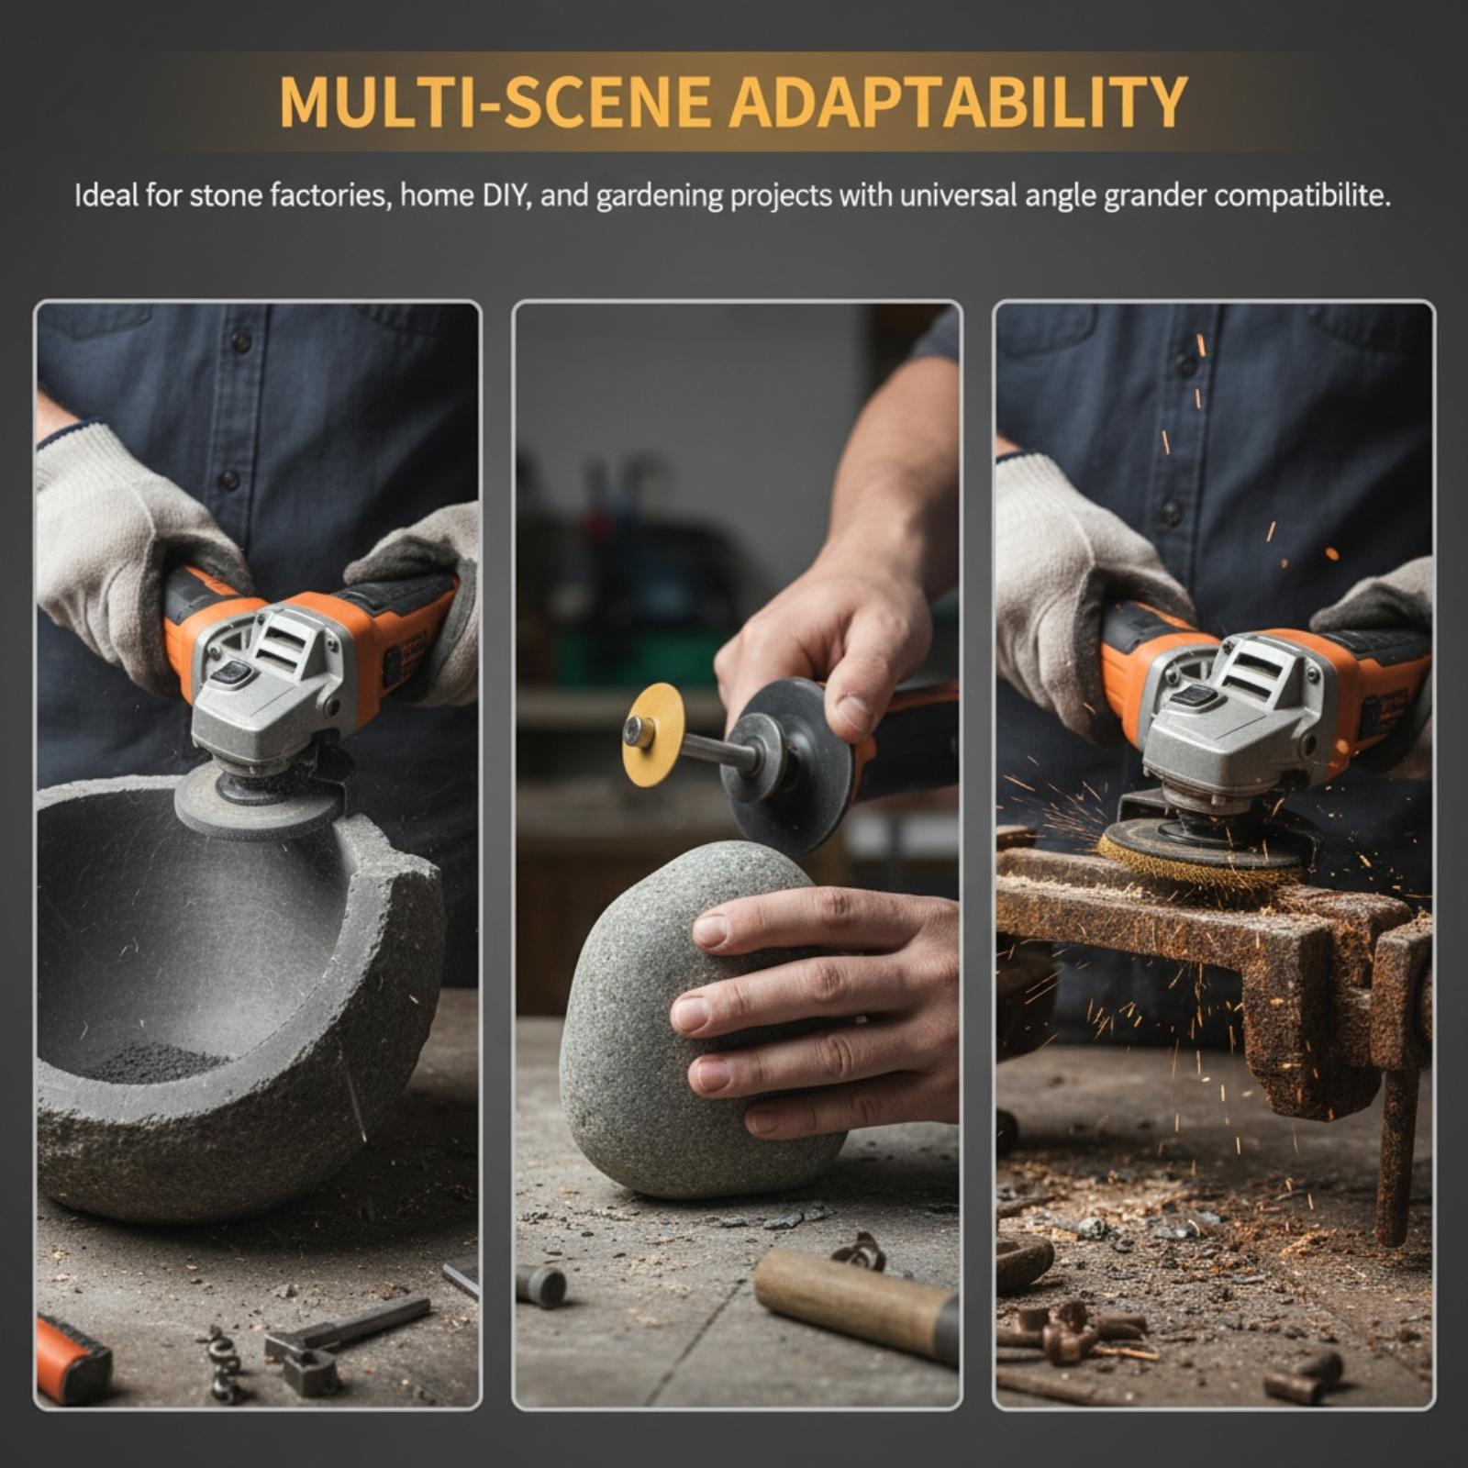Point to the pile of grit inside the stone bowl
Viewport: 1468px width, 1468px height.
pyautogui.click(x=156, y=1062)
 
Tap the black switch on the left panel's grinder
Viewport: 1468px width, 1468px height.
pyautogui.click(x=233, y=676)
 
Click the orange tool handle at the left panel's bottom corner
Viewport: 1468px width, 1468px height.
pyautogui.click(x=71, y=1361)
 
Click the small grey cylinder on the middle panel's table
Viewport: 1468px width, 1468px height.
pyautogui.click(x=541, y=1286)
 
